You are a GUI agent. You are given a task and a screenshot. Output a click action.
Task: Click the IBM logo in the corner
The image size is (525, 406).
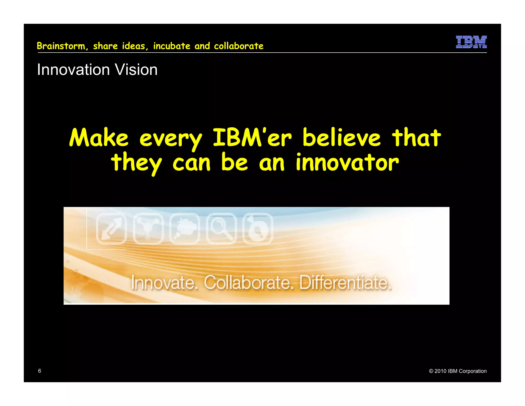471,42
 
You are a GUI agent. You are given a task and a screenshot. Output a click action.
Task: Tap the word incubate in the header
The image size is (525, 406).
171,46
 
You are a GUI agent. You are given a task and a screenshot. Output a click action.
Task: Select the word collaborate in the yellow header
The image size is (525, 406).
238,46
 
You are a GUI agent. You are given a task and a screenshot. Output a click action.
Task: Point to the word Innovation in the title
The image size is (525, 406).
74,70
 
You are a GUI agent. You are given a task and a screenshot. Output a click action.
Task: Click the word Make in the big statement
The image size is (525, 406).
99,138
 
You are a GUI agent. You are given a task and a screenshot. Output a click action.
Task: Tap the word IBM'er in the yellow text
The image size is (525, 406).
252,138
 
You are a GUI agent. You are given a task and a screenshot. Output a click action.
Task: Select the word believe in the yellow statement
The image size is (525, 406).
341,138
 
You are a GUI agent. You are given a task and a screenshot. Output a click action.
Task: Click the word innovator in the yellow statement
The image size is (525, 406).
347,162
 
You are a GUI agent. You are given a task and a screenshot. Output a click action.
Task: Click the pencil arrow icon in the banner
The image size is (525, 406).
111,228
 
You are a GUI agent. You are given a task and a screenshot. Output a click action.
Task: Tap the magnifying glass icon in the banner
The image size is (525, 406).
221,228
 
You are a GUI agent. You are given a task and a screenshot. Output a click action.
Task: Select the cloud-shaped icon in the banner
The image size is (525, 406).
185,228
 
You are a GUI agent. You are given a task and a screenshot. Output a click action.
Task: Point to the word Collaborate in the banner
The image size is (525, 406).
248,283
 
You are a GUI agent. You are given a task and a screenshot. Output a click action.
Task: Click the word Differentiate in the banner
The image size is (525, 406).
345,283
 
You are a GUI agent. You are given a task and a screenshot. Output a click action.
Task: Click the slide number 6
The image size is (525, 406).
39,371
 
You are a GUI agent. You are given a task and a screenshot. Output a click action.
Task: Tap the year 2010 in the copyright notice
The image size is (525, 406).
440,371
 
